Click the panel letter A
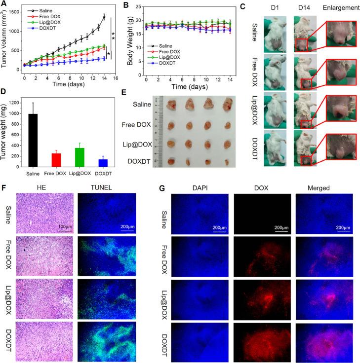(x=4, y=4)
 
